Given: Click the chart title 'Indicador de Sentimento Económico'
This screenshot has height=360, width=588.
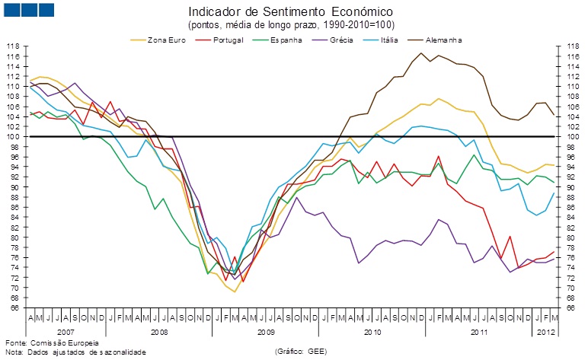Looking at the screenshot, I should (x=290, y=12).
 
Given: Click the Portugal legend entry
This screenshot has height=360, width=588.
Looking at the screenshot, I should (x=233, y=39).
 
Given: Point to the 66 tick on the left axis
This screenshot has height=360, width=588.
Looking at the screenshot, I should (x=13, y=308).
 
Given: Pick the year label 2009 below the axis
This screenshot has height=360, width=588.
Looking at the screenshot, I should (x=266, y=333).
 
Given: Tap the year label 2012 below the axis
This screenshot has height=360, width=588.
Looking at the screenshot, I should (x=545, y=333).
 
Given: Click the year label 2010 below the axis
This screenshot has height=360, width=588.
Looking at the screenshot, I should (x=372, y=333).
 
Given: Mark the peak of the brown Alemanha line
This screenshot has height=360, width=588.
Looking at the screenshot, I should (x=420, y=53).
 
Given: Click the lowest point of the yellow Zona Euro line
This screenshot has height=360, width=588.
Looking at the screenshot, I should (x=235, y=292).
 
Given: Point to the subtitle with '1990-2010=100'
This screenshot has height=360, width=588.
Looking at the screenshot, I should (x=290, y=24).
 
